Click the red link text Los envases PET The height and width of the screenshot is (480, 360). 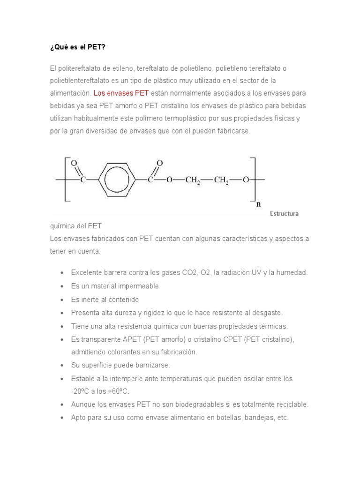point(121,93)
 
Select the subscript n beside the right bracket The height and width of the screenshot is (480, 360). point(257,204)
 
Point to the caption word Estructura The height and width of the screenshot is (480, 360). point(284,214)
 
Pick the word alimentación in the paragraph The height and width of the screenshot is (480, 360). point(70,93)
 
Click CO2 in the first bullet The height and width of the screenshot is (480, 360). point(183,272)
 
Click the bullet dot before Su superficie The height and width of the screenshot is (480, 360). point(62,365)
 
